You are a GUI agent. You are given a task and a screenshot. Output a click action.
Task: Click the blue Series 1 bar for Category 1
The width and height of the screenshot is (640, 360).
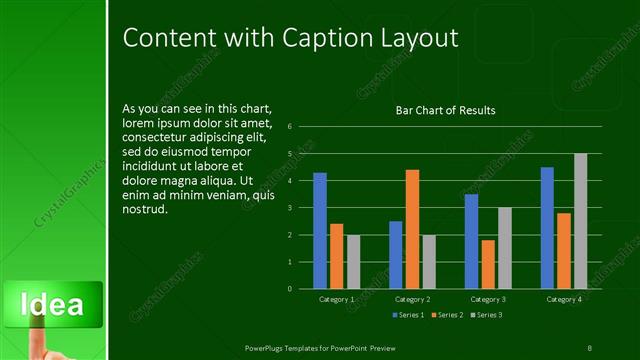[320, 230]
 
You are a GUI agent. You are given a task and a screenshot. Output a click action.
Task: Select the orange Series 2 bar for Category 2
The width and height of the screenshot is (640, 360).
[412, 229]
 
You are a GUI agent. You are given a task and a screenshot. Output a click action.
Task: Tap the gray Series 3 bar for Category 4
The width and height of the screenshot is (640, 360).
[580, 221]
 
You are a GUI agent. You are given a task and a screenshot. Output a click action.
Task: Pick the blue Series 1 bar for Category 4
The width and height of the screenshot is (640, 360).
[547, 227]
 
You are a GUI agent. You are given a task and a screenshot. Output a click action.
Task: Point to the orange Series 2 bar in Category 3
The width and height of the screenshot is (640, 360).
[487, 264]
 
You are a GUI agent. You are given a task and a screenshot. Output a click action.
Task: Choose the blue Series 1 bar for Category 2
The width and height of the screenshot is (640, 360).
[396, 255]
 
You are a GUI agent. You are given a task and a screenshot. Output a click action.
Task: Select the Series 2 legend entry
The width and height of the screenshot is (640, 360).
[447, 315]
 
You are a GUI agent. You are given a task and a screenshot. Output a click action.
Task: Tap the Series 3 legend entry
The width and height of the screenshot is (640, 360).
[485, 315]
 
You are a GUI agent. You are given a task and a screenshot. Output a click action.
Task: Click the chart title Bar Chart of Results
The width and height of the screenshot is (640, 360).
[446, 111]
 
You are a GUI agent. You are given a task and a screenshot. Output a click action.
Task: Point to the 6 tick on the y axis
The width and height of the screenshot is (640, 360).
[289, 127]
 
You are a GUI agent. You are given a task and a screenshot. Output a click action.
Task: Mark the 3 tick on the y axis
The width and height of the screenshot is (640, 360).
[289, 208]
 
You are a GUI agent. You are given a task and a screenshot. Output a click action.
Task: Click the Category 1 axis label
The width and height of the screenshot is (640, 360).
[336, 299]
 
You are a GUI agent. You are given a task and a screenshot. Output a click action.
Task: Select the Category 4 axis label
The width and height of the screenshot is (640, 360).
[564, 299]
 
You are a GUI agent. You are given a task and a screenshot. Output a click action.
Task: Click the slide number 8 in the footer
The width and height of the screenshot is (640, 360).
[589, 347]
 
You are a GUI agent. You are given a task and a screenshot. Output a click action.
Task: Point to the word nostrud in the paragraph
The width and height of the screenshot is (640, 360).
[145, 210]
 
